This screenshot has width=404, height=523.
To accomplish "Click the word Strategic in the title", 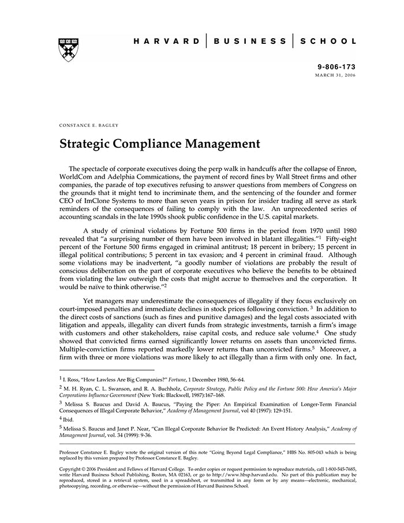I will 87,143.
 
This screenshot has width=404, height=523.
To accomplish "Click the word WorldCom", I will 77,177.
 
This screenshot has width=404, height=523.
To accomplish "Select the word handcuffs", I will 252,168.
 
